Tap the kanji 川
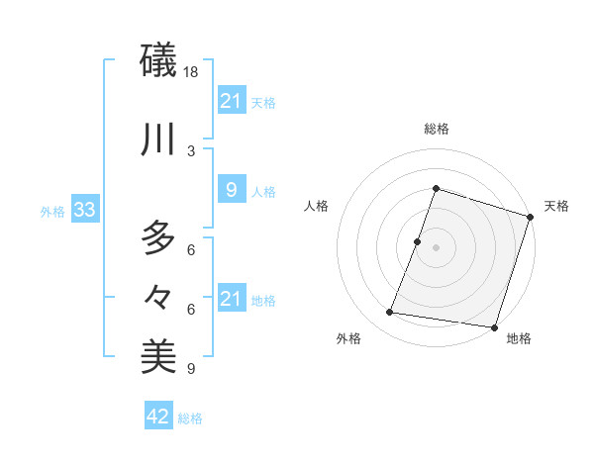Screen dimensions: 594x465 click(158, 139)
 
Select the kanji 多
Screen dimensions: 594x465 click(158, 237)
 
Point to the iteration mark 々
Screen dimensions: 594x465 click(158, 296)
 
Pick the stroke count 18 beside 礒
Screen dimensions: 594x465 click(192, 73)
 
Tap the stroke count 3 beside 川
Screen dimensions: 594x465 click(191, 150)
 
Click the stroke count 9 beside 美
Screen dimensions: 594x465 click(191, 369)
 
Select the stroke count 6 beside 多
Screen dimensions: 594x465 click(191, 249)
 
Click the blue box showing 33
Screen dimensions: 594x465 click(84, 211)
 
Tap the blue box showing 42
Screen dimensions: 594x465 click(158, 417)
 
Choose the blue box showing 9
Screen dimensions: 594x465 click(231, 191)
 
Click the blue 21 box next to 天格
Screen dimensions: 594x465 click(231, 101)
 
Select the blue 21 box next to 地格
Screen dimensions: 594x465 click(231, 299)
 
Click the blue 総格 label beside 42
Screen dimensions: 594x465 click(190, 418)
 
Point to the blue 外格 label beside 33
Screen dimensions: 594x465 click(51, 212)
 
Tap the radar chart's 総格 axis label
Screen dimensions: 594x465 click(436, 129)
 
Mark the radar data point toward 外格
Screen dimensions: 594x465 click(390, 313)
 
